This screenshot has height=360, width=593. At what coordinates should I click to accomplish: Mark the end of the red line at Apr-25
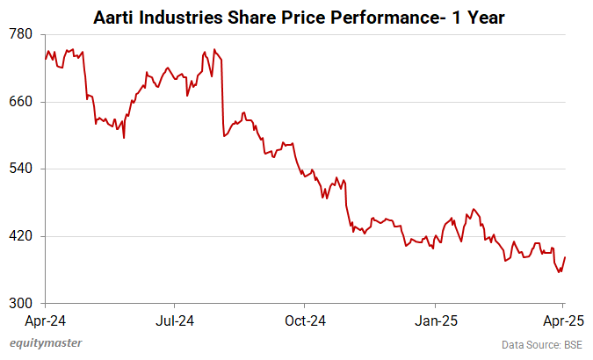click(565, 257)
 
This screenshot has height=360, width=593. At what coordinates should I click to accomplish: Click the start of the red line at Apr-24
click(45, 59)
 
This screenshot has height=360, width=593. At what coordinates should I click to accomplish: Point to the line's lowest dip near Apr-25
click(559, 272)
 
